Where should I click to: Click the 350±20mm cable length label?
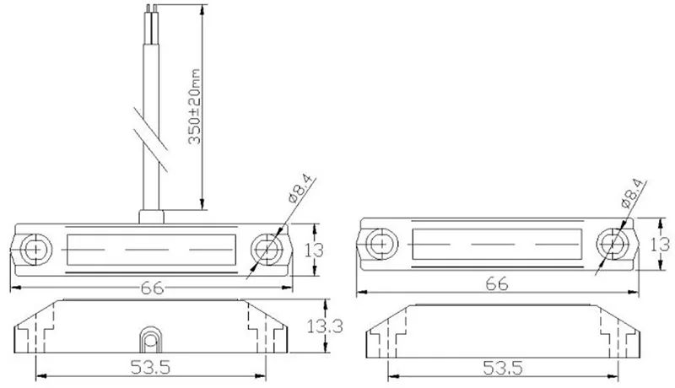tap(195, 106)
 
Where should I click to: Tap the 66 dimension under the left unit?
tap(153, 288)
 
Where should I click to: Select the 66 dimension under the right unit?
tap(497, 284)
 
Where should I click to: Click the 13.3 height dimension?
tap(325, 326)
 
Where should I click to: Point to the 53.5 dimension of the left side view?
tap(151, 367)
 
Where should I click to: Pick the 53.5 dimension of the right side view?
tap(503, 368)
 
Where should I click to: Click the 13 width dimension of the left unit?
tap(314, 250)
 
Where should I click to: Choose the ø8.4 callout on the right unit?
tap(634, 193)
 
